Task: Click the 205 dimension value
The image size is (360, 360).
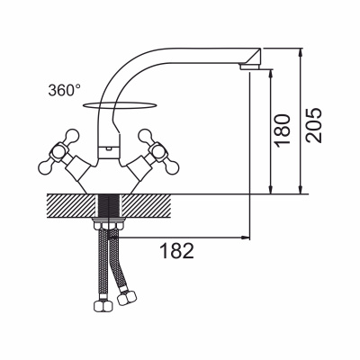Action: [314, 125]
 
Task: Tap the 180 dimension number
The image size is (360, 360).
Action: [283, 130]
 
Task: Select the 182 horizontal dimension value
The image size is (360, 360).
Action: [177, 251]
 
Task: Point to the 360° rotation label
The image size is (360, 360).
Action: [65, 90]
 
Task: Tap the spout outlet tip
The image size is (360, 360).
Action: [251, 67]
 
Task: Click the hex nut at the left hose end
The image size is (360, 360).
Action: [103, 306]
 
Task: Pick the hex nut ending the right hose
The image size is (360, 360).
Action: [126, 298]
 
